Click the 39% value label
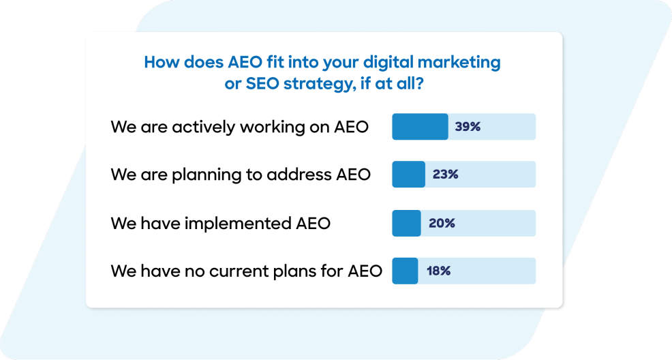(x=468, y=127)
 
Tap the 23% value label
(x=445, y=175)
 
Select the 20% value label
(x=442, y=223)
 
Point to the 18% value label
(x=438, y=271)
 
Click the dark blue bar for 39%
(x=420, y=127)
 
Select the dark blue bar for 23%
(x=408, y=175)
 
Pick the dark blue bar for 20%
(x=406, y=223)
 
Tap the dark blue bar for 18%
(x=405, y=271)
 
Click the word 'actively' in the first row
(x=201, y=127)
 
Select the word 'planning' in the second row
(x=208, y=175)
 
